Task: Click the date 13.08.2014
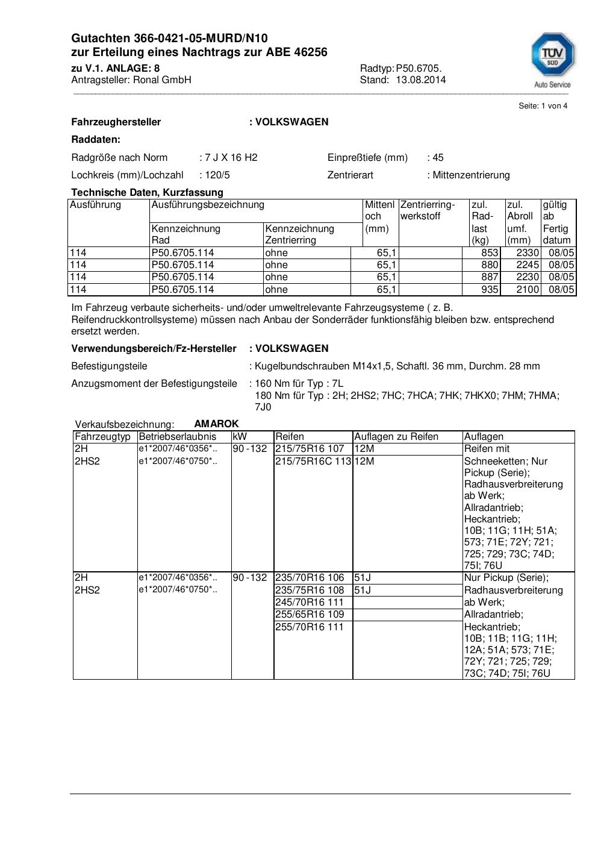(x=420, y=80)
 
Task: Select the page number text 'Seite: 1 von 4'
(x=543, y=106)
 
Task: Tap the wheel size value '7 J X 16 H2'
(x=231, y=158)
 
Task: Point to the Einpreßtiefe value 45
(x=438, y=158)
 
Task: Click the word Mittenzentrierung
(x=471, y=175)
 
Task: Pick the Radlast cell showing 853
(x=490, y=253)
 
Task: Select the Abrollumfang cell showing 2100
(x=527, y=290)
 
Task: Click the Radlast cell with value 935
(x=490, y=290)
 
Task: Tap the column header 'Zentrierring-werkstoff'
(x=428, y=210)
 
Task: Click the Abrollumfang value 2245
(x=527, y=265)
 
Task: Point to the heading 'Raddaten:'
(x=96, y=140)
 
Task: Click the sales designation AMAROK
(x=216, y=424)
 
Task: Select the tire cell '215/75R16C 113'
(x=313, y=462)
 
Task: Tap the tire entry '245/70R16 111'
(x=309, y=603)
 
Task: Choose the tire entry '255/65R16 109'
(x=309, y=615)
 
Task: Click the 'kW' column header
(x=240, y=437)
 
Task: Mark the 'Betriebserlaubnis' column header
(x=177, y=437)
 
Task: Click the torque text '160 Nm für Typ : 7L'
(x=299, y=384)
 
